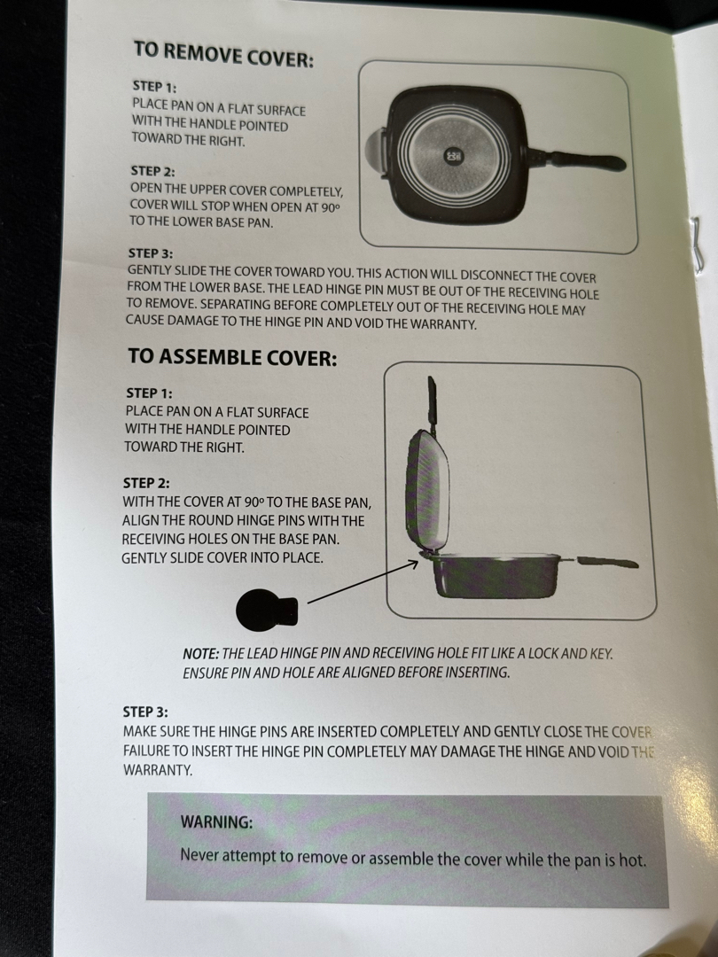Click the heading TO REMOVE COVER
click(x=223, y=54)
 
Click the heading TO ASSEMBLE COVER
click(x=232, y=356)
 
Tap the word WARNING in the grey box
click(x=216, y=821)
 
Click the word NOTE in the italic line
click(x=201, y=653)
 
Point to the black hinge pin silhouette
click(x=266, y=609)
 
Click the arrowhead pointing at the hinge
click(x=413, y=564)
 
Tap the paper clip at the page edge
click(x=698, y=242)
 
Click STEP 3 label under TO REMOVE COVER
click(x=150, y=253)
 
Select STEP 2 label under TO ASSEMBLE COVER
click(x=146, y=483)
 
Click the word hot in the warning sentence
click(x=632, y=860)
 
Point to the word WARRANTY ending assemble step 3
click(x=158, y=770)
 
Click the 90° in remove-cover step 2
click(x=329, y=207)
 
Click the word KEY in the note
click(x=601, y=654)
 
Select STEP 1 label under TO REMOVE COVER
click(x=154, y=87)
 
